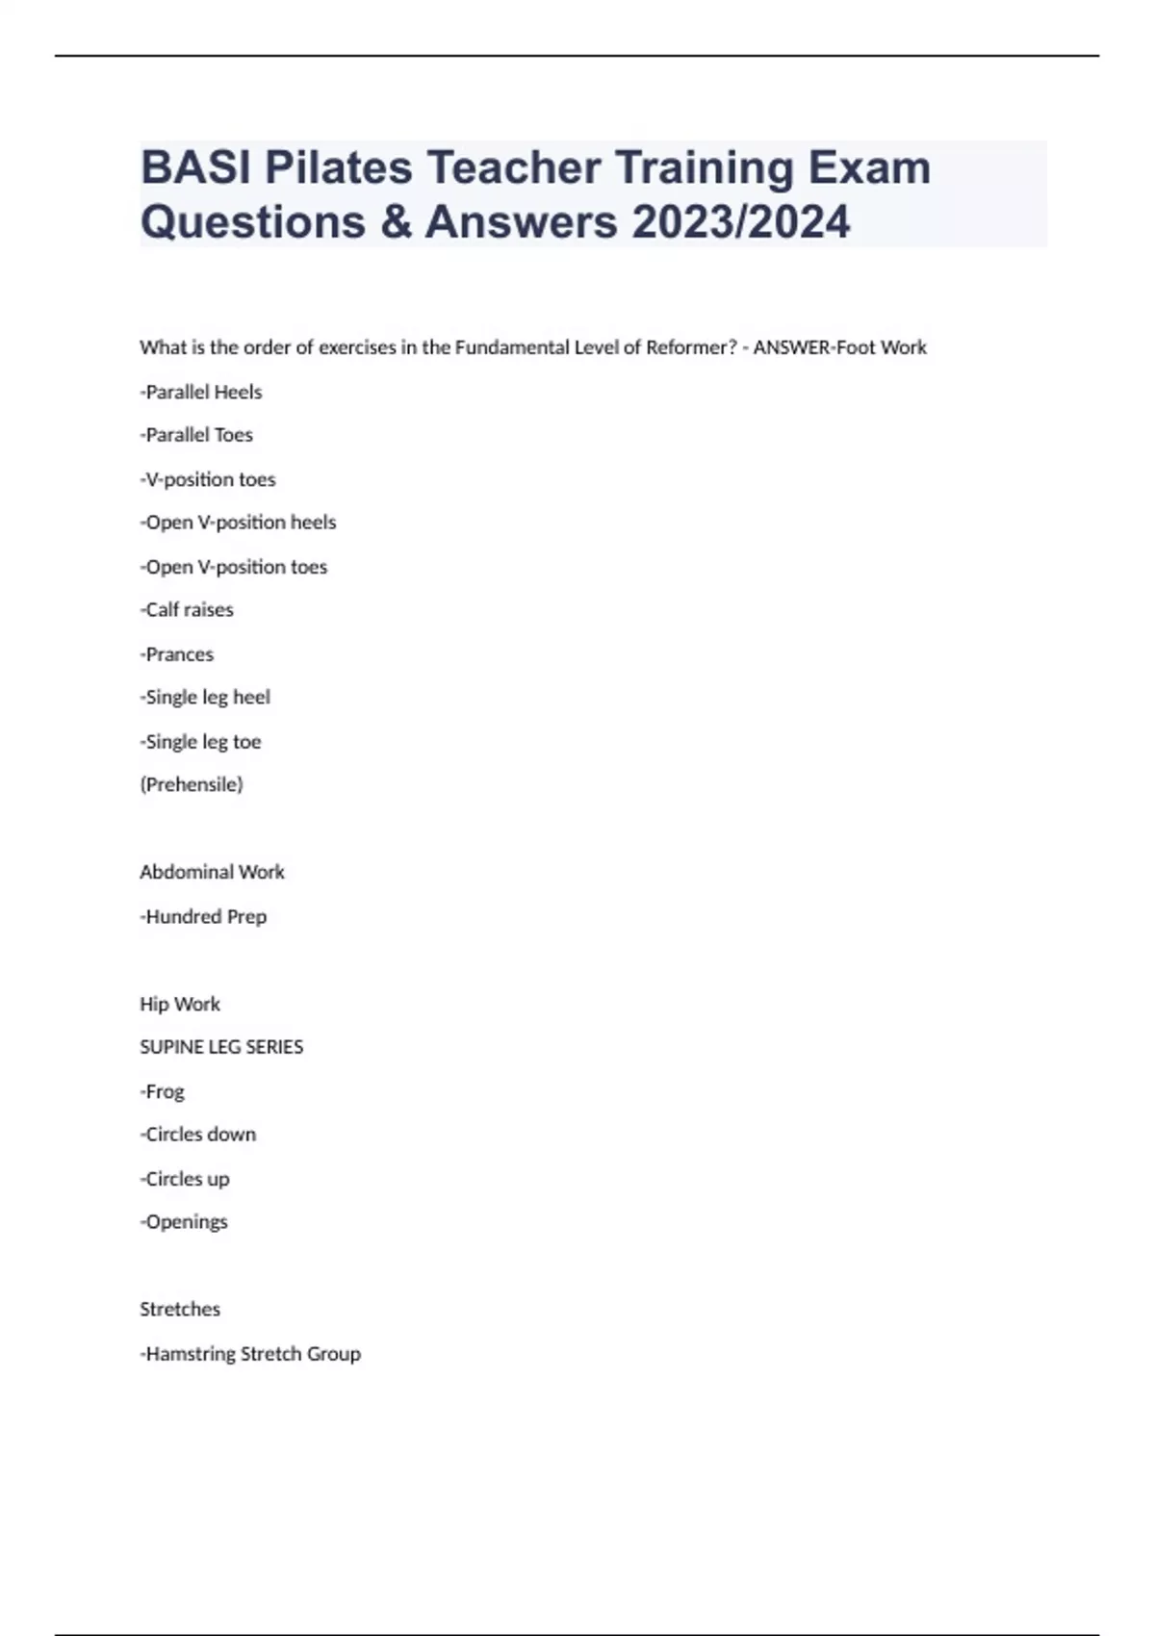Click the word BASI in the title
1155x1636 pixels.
pos(195,168)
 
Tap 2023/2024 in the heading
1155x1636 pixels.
pos(741,222)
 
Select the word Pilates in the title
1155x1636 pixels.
pos(338,168)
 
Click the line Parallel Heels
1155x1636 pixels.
pos(201,392)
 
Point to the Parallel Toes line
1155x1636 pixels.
pos(196,435)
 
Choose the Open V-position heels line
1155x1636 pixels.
pos(238,523)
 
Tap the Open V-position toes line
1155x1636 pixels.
pos(234,567)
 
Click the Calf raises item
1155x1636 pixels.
pos(187,610)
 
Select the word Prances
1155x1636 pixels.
pos(177,654)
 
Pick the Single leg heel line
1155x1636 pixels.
pos(205,698)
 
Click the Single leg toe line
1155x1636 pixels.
pos(200,742)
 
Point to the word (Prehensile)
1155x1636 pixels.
pos(192,784)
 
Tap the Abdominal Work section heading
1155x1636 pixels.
pos(212,872)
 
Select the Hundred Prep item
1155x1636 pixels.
pos(203,917)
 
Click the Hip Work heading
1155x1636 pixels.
pos(180,1004)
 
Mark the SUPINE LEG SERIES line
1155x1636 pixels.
pos(221,1047)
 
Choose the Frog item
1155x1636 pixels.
pos(162,1091)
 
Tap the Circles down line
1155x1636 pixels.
pos(198,1135)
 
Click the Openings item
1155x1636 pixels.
pos(184,1222)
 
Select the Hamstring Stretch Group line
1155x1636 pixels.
pos(250,1354)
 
